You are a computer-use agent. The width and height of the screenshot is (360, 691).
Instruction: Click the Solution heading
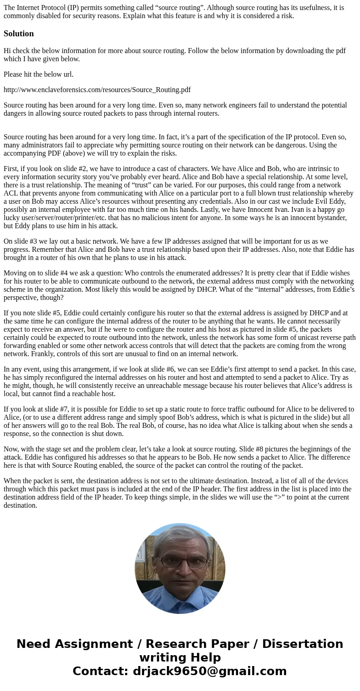click(x=19, y=34)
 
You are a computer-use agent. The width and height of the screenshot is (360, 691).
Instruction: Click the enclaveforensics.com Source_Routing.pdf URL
click(x=97, y=90)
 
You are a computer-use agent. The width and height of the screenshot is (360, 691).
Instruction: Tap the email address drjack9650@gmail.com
click(x=209, y=671)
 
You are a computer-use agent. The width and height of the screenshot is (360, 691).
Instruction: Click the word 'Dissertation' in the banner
click(x=302, y=644)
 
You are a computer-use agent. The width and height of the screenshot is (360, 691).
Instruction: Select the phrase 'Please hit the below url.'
click(x=39, y=74)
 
